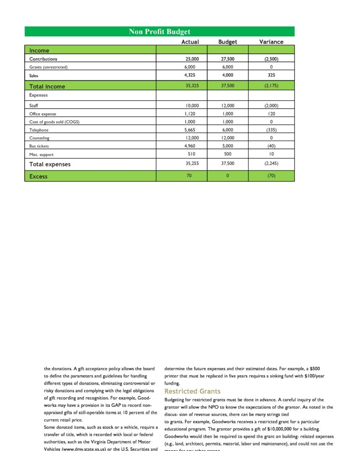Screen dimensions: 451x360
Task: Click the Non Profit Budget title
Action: (159, 31)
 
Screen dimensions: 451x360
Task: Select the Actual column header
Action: (190, 42)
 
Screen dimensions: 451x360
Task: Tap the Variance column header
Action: (271, 42)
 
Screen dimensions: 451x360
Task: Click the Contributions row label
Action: (43, 59)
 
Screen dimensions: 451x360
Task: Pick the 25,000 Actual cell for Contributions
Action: (192, 59)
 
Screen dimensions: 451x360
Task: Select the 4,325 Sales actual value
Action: (190, 75)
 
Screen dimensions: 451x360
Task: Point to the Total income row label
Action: (47, 86)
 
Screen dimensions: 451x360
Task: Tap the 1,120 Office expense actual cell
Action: (190, 114)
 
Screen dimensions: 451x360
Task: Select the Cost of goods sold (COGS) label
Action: (57, 122)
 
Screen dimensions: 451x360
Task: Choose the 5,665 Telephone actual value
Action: (190, 130)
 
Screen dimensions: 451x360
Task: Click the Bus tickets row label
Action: (39, 146)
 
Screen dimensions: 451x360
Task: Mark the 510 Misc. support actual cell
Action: (192, 154)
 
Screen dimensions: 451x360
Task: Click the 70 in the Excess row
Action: (189, 176)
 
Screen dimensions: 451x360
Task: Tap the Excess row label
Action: (38, 176)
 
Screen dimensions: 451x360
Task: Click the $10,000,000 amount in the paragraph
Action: (275, 429)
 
